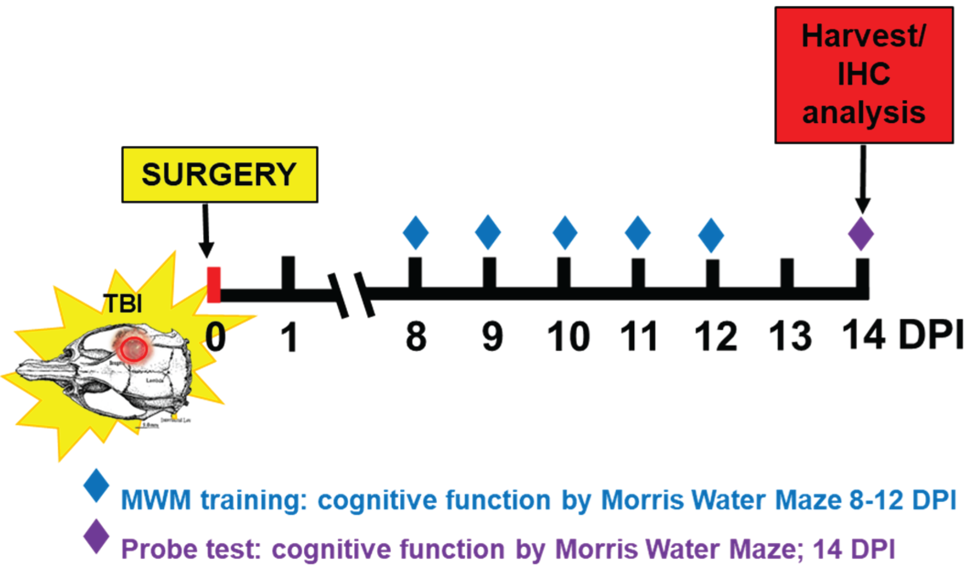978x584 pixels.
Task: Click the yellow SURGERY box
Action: (x=219, y=175)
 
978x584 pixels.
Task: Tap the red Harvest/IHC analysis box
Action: (x=863, y=75)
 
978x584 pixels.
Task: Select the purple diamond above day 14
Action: (x=860, y=234)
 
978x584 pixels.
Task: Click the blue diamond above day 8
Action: (x=416, y=233)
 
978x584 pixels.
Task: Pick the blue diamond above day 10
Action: (x=565, y=233)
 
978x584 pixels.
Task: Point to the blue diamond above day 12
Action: (x=711, y=235)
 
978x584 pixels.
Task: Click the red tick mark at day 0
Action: (x=214, y=284)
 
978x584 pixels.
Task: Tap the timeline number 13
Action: (x=790, y=337)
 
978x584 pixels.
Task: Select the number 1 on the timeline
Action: (x=289, y=337)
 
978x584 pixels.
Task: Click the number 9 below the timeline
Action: (x=492, y=337)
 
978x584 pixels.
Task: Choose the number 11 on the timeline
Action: (x=639, y=337)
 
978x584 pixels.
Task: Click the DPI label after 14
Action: (x=930, y=335)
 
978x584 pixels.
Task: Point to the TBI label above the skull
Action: (x=123, y=304)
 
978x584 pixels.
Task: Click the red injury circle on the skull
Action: (x=133, y=348)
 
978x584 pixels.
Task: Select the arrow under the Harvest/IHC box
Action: (x=863, y=179)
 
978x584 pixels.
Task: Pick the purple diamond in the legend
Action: (x=96, y=536)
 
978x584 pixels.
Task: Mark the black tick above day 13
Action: (x=786, y=273)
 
